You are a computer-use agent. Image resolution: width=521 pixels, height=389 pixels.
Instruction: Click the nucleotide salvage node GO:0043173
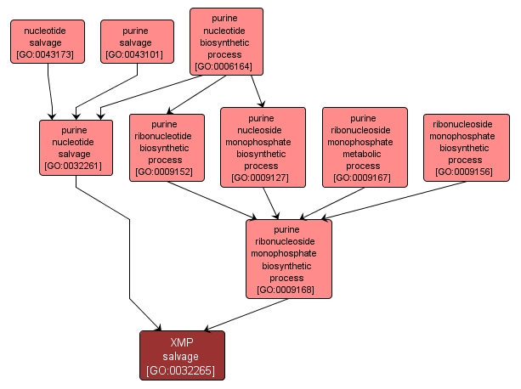pos(48,42)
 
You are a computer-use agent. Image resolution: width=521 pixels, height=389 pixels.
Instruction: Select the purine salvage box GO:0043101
pos(137,42)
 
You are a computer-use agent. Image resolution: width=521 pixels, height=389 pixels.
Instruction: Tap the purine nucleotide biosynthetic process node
pos(226,41)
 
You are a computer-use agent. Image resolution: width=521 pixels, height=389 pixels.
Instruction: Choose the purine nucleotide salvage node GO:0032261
pos(76,146)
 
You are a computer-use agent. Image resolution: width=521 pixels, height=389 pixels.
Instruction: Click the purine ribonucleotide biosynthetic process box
pos(167,147)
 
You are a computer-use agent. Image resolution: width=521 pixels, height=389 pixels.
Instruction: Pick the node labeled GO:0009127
pos(263,146)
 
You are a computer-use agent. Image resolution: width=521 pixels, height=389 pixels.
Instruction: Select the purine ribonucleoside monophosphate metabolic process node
pos(365,146)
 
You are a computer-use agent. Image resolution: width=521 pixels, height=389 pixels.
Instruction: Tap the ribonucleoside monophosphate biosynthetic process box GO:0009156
pos(467,147)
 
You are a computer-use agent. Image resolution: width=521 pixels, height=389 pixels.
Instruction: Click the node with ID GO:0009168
pos(288,258)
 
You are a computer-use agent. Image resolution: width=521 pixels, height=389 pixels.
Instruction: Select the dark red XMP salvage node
pos(182,355)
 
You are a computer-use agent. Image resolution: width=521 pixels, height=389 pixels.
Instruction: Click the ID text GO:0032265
pos(182,371)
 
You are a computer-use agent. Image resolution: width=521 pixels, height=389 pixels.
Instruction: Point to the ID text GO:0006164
pos(226,65)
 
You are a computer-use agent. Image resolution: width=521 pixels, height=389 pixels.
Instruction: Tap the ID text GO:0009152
pos(167,172)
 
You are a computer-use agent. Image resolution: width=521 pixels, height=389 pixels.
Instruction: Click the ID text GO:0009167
pos(365,178)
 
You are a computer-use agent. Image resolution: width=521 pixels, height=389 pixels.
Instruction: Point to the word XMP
pos(182,342)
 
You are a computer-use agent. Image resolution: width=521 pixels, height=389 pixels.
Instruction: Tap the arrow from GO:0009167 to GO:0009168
pos(332,202)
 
